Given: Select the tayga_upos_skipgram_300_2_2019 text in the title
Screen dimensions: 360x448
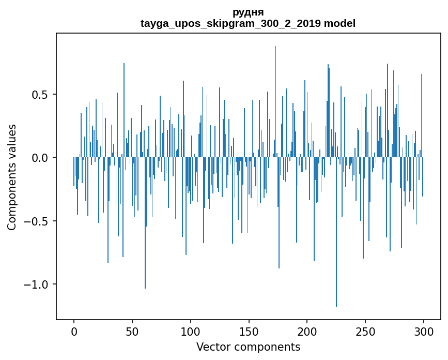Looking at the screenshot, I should click(230, 23).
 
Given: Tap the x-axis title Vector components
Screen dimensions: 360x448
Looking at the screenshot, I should click(248, 347).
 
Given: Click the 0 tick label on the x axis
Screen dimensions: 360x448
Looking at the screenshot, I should click(74, 331).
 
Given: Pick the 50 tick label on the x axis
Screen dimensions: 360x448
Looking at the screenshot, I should click(132, 331).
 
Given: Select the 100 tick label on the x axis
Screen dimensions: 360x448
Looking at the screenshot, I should click(191, 331).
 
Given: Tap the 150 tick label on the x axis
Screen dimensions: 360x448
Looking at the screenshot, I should click(249, 331).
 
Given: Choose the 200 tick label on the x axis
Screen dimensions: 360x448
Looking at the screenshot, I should click(307, 331).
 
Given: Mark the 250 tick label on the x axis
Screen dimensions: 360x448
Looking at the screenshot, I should click(365, 331).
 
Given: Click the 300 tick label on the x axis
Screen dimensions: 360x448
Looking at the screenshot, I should click(424, 331).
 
